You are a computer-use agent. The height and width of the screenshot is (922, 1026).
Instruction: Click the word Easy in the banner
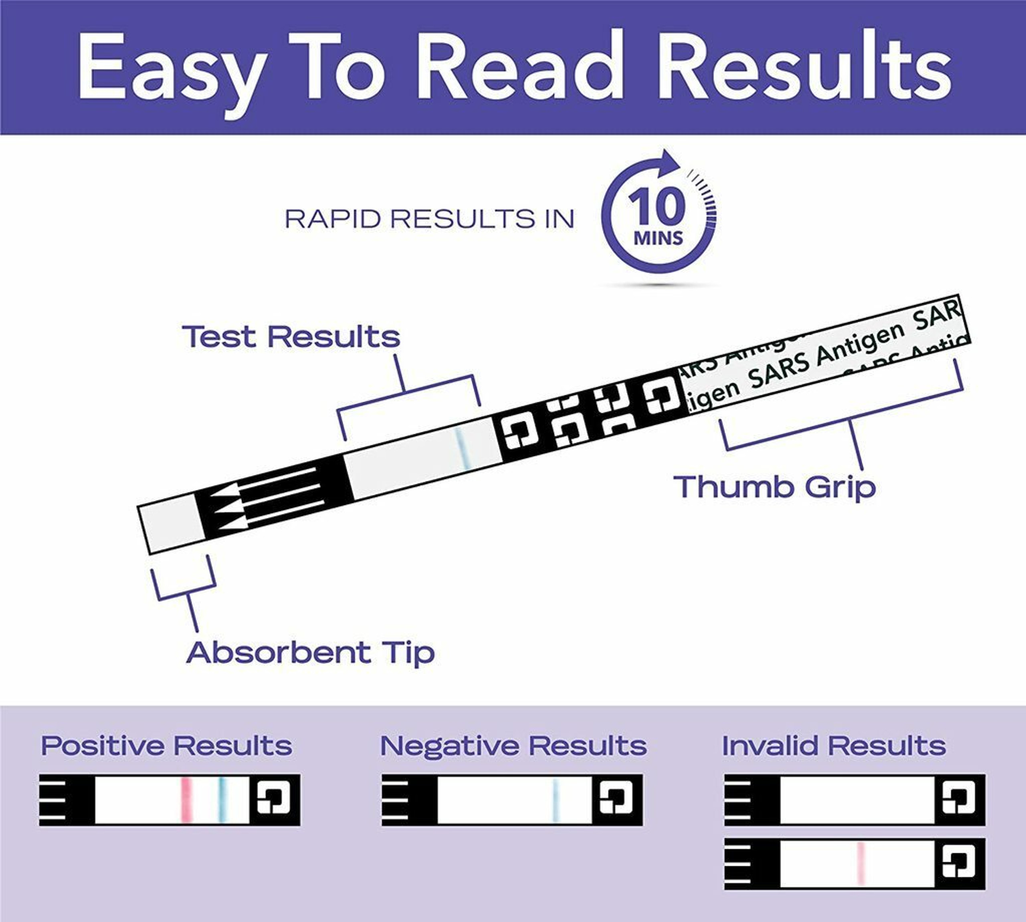pos(172,69)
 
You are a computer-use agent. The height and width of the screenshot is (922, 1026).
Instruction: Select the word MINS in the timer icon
pos(658,238)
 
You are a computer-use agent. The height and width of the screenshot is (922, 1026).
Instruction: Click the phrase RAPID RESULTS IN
pos(430,219)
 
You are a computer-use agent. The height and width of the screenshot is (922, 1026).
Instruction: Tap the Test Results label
pos(291,337)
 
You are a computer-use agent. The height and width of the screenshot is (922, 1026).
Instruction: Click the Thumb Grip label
pos(774,486)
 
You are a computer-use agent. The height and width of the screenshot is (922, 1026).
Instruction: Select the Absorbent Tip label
pos(311,653)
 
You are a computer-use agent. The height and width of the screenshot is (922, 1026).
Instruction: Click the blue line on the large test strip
pos(463,448)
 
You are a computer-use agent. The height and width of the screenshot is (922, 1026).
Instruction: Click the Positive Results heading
pos(167,746)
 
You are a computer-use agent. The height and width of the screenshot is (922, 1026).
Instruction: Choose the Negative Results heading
pos(513,746)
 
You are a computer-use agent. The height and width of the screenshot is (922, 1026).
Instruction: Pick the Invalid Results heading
pos(834,746)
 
